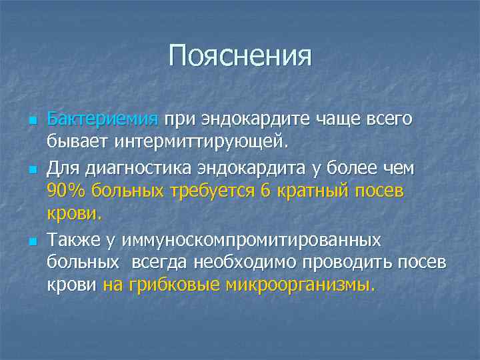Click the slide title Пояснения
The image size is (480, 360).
tap(240, 56)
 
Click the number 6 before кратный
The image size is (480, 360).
tap(266, 192)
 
